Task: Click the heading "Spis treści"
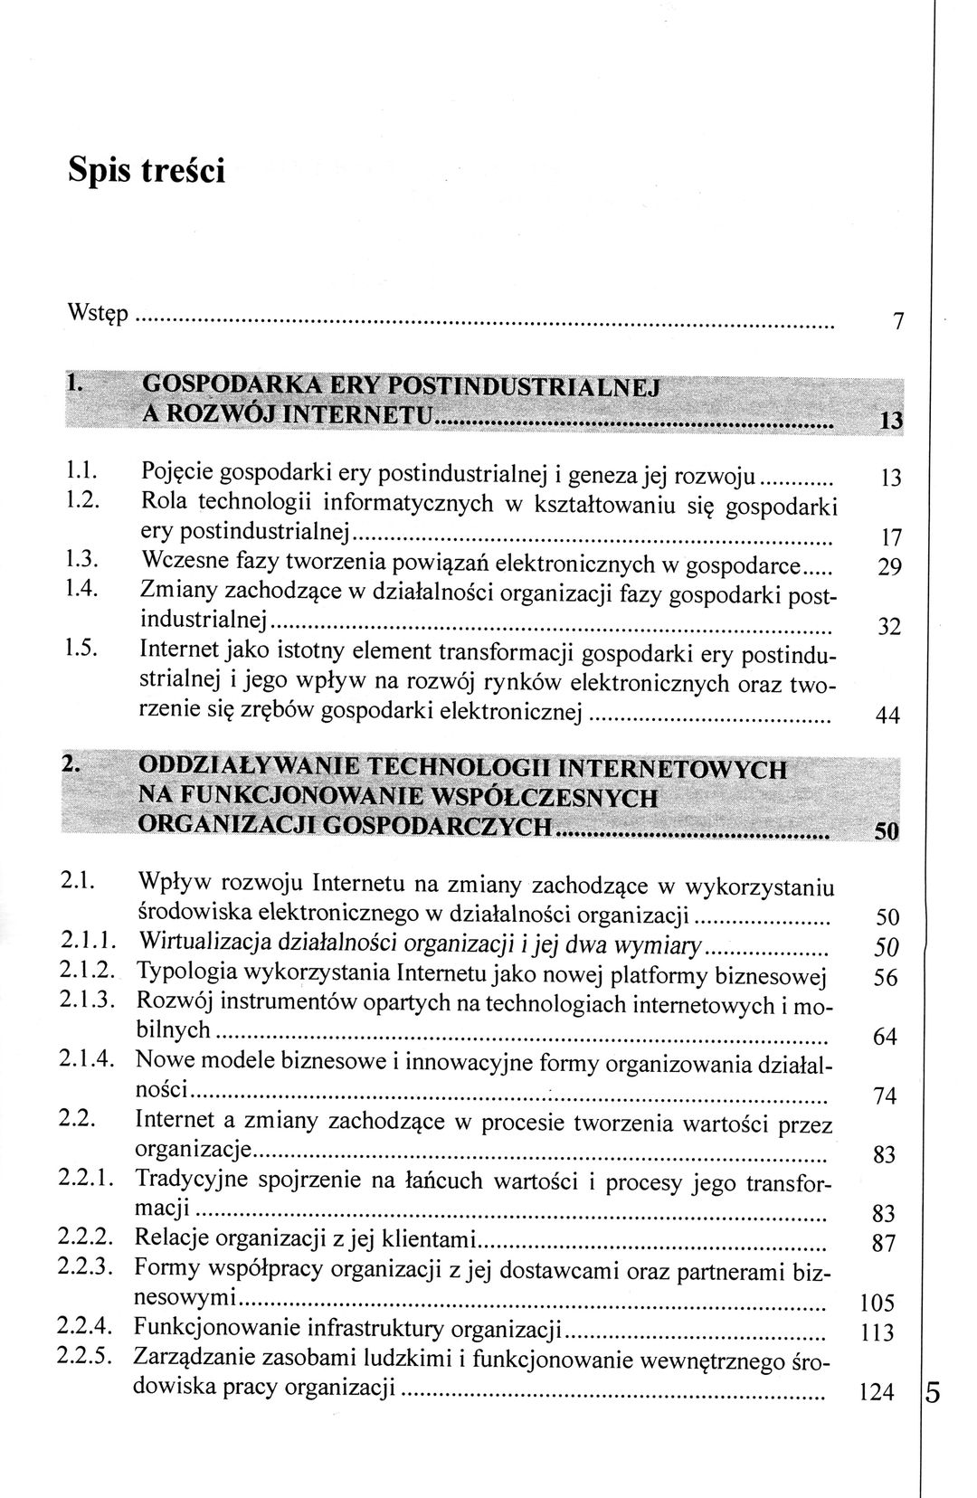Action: click(147, 170)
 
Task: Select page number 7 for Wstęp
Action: click(898, 322)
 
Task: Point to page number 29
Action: click(890, 569)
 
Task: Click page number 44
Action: click(889, 716)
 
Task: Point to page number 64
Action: click(886, 1037)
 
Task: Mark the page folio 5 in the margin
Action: click(934, 1393)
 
